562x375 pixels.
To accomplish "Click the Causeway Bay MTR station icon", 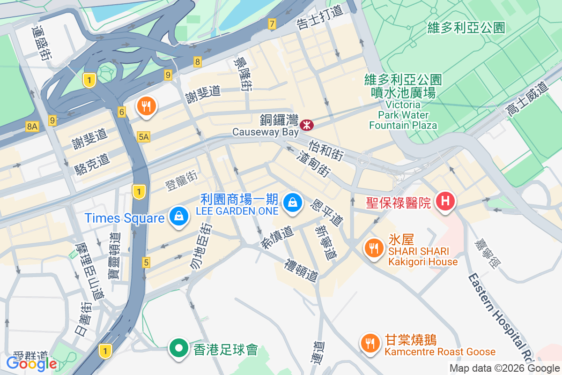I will point(307,125).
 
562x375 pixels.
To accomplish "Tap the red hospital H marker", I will point(444,202).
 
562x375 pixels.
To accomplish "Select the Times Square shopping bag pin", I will point(178,216).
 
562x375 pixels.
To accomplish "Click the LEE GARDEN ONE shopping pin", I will point(292,202).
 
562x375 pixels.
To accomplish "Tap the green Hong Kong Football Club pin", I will point(178,348).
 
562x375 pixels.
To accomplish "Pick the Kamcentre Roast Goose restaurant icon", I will point(370,343).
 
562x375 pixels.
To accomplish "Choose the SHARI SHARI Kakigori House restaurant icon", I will point(373,247).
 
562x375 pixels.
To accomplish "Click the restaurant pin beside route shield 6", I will point(147,106).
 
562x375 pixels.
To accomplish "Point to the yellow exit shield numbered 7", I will point(272,23).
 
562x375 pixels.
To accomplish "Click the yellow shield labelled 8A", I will point(32,126).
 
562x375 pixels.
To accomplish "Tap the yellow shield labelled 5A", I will point(143,136).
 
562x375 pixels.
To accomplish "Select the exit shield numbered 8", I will point(198,61).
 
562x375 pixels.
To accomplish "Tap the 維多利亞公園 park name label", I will point(466,27).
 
